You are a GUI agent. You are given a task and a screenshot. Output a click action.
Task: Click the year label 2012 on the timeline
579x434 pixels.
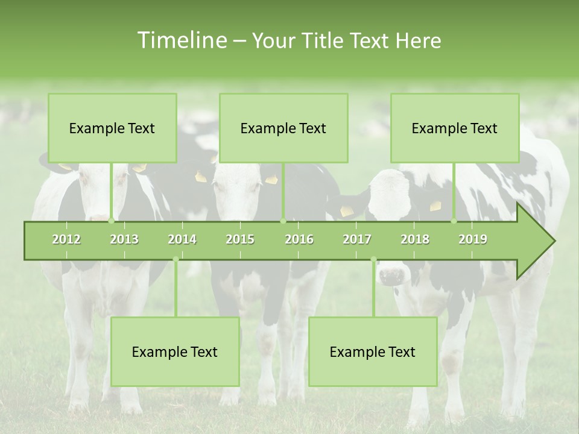click(66, 240)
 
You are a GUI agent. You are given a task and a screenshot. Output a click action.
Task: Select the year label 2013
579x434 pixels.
click(124, 240)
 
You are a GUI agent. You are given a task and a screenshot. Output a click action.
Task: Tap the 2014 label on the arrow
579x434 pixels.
click(182, 240)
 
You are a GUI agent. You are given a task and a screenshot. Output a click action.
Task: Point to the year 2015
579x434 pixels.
click(240, 240)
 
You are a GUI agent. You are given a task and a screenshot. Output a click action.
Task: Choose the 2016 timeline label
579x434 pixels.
click(299, 240)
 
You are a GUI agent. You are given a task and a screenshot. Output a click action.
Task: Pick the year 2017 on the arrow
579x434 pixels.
click(357, 240)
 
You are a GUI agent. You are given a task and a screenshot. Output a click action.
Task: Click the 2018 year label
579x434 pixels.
click(415, 240)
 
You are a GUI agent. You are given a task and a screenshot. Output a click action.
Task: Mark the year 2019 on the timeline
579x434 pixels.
click(473, 240)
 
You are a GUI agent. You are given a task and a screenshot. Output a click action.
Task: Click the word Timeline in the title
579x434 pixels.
click(181, 40)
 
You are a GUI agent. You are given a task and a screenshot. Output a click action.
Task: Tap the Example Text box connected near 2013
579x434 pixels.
click(112, 128)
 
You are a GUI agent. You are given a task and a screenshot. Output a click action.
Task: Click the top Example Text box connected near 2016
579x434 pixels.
click(283, 128)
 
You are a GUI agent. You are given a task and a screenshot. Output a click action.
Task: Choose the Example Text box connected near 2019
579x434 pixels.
click(455, 128)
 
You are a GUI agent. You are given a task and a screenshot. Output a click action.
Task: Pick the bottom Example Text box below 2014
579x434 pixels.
click(175, 352)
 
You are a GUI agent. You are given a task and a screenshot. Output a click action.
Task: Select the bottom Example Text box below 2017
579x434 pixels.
click(373, 352)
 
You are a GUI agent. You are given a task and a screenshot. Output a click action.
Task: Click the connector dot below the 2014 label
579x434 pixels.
click(176, 260)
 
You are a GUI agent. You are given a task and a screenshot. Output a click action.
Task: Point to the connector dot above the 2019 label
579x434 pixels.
click(454, 221)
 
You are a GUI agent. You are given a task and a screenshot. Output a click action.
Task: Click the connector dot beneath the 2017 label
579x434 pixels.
click(373, 260)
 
